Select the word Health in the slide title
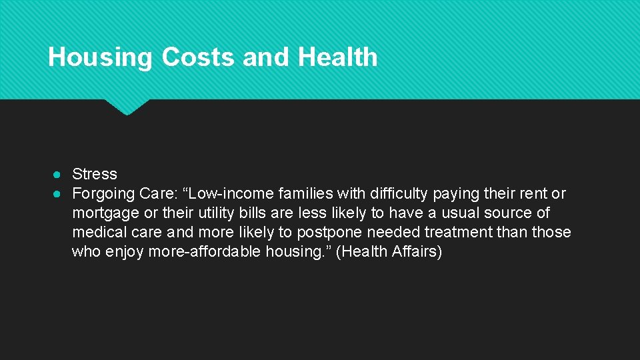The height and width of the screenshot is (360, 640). (337, 57)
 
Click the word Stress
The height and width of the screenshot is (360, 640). (94, 174)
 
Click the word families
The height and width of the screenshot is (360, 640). (299, 194)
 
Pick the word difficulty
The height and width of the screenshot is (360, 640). (397, 194)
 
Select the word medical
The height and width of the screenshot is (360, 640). (97, 233)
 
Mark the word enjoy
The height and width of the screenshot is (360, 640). (127, 252)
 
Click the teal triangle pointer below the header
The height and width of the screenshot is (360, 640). (127, 107)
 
